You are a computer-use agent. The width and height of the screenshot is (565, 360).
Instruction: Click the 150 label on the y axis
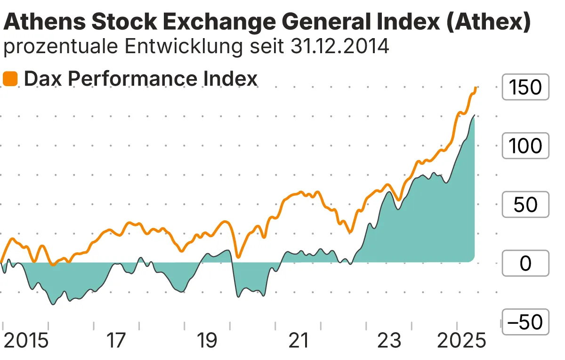525,88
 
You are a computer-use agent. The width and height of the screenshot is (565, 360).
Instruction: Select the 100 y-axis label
525,146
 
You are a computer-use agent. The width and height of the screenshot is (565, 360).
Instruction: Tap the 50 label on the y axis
525,205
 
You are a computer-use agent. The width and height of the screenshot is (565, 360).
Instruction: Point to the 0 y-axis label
525,264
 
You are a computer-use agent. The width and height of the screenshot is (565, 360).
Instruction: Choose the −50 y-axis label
525,322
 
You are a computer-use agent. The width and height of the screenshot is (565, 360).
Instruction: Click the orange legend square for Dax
10,79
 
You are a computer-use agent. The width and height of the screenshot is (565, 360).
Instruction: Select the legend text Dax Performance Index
141,79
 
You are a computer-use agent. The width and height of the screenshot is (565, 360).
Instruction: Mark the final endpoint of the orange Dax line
476,87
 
